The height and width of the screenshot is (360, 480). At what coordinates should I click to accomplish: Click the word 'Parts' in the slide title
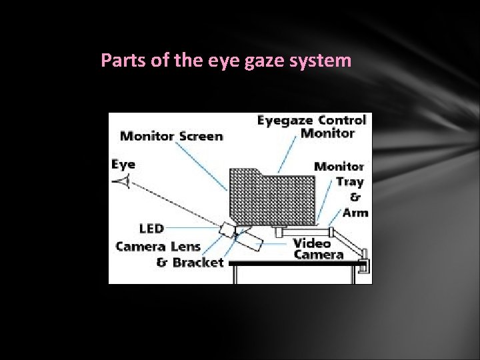118,61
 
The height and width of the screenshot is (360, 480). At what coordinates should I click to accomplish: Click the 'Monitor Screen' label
171,136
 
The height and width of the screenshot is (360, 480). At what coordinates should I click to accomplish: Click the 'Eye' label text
123,164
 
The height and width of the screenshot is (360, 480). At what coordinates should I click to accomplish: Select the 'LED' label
153,229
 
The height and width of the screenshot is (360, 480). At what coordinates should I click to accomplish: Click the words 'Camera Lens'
158,246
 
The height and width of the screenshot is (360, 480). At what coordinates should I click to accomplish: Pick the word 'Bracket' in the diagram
198,262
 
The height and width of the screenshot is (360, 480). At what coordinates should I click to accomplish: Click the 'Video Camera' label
319,248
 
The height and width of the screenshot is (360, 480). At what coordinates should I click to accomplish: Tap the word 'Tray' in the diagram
350,182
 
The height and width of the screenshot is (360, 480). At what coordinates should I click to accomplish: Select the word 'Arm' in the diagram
355,213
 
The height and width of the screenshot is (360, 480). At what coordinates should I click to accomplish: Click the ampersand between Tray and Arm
355,197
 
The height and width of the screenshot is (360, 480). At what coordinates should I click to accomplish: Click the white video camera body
247,238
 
